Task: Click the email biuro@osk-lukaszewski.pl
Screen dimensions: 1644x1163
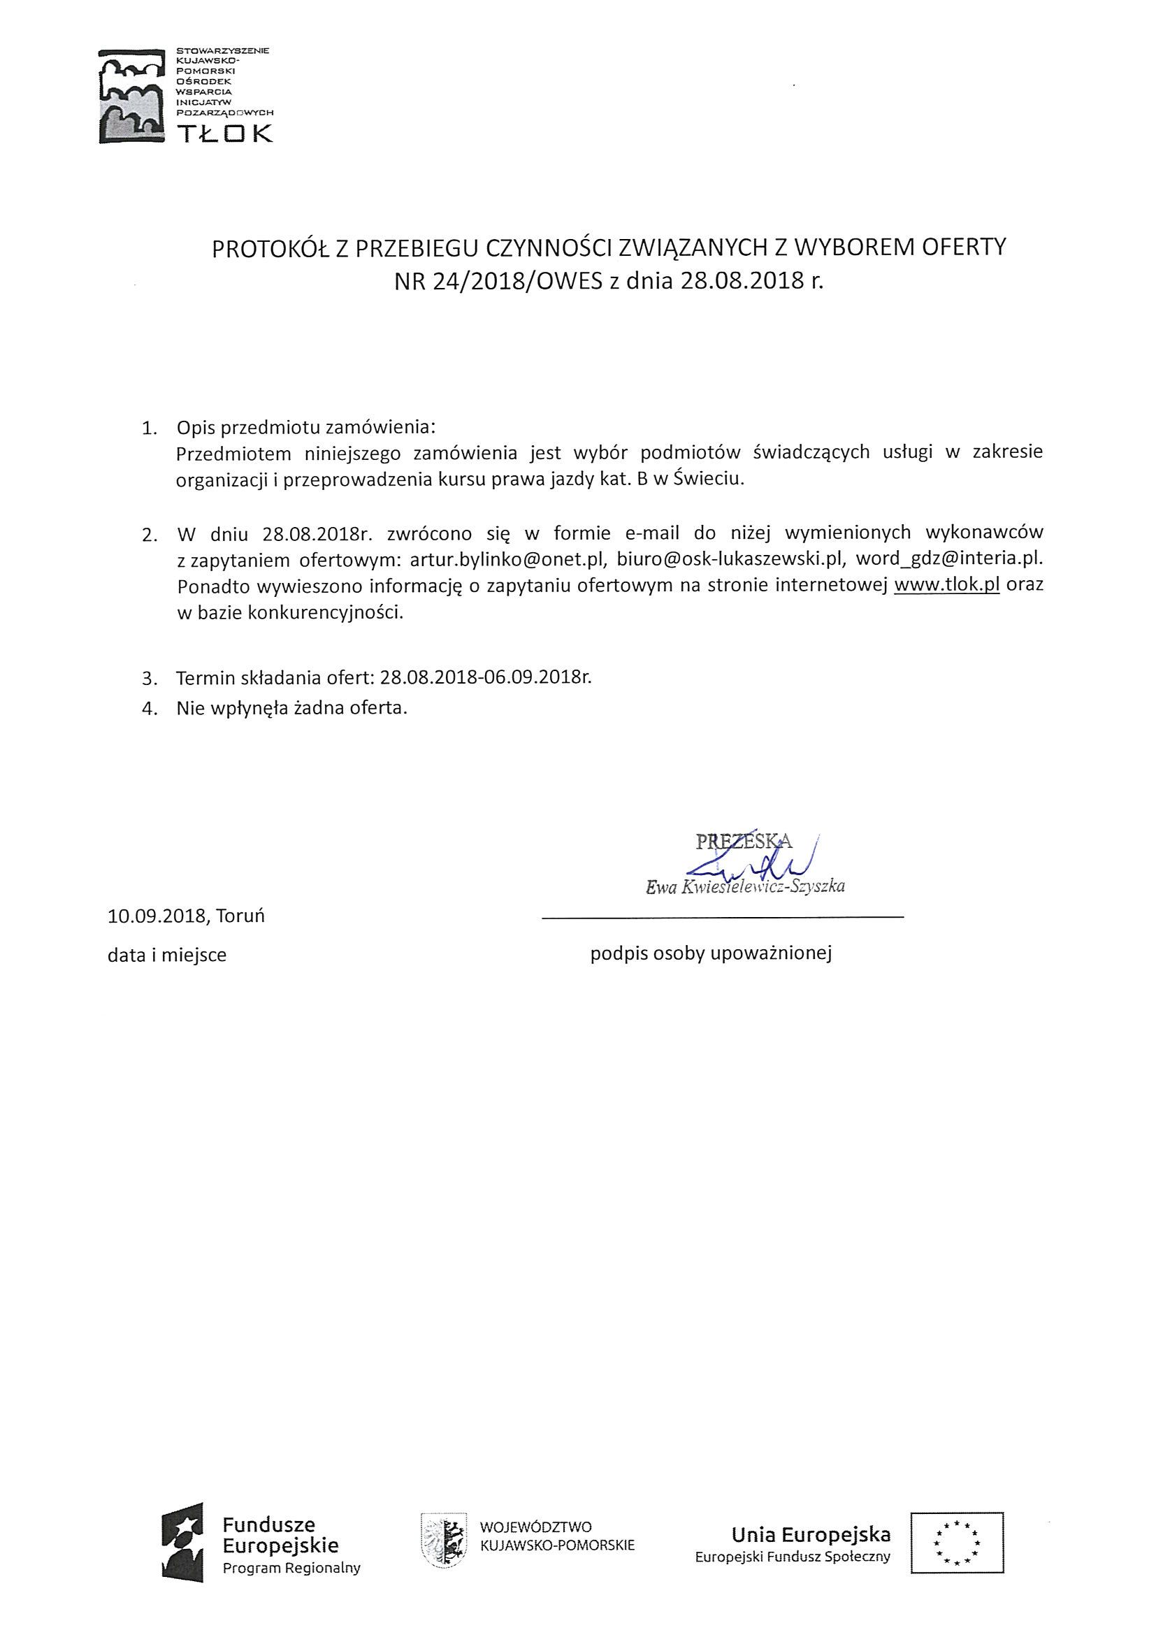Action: point(728,558)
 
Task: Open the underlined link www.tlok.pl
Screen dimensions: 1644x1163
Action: point(947,585)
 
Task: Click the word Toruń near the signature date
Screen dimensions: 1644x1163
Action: point(240,916)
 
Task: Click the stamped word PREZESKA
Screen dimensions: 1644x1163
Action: point(744,841)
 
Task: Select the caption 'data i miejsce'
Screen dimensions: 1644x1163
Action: point(167,956)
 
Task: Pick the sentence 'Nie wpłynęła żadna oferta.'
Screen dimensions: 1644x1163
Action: point(292,709)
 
